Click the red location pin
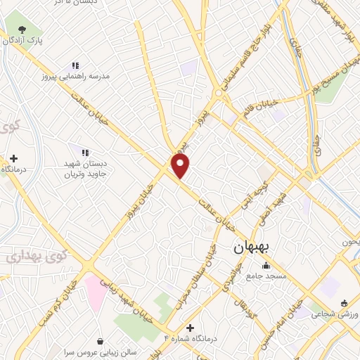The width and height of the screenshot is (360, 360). point(181,165)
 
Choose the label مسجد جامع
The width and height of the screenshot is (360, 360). point(266,276)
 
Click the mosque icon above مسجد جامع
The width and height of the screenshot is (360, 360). point(266,266)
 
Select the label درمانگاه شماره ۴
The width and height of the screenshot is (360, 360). point(191,338)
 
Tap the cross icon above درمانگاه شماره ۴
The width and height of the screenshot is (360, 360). point(190,328)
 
